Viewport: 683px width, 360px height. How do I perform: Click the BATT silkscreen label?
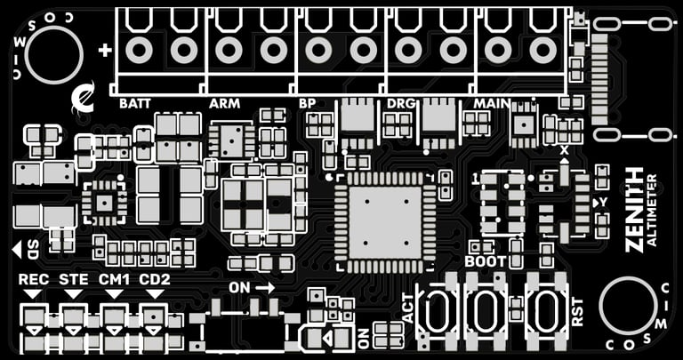pos(135,104)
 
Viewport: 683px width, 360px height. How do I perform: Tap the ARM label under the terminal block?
pos(224,104)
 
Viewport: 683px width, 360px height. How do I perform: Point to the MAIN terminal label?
pos(492,104)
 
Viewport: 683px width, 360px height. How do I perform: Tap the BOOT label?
pos(485,261)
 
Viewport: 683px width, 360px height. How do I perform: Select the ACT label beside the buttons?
pos(408,308)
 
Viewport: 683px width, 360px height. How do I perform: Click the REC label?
pos(34,280)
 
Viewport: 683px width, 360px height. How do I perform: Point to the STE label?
pos(74,280)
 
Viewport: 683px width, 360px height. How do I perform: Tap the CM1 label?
pos(115,280)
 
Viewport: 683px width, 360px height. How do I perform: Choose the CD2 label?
pos(155,280)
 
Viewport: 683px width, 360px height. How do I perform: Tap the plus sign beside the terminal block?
pos(105,51)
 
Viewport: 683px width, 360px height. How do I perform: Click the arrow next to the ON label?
pos(265,288)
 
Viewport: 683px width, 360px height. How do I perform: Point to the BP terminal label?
pos(308,104)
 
